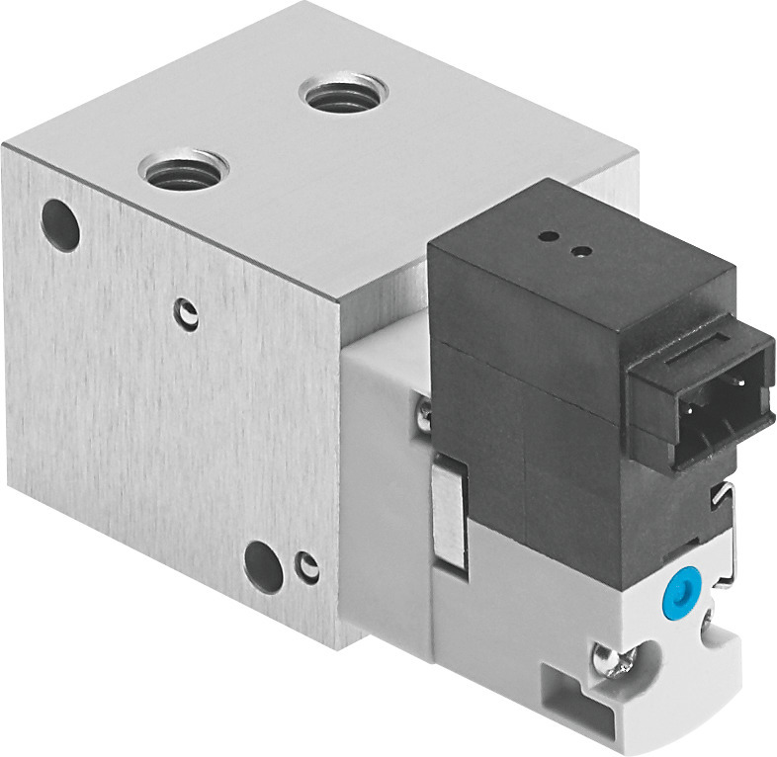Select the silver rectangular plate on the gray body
tap(447, 515)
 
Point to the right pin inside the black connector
tap(739, 385)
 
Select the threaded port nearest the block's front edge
tap(184, 170)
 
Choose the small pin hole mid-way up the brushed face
tap(188, 316)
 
